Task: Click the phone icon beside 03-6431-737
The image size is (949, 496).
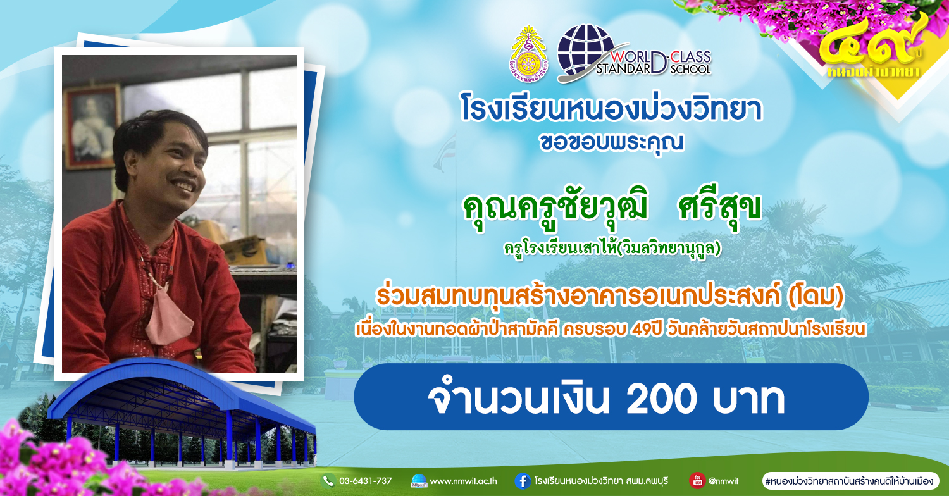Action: click(x=328, y=481)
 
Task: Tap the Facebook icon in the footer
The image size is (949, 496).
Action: click(x=523, y=481)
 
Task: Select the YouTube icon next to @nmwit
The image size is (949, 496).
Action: click(x=697, y=481)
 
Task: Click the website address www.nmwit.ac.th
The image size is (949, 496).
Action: click(x=463, y=481)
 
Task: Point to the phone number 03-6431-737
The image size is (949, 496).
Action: click(x=365, y=481)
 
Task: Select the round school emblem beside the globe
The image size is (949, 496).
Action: click(x=528, y=54)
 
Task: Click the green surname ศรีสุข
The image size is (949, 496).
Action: click(x=719, y=209)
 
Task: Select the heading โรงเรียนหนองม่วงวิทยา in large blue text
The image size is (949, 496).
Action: click(x=611, y=109)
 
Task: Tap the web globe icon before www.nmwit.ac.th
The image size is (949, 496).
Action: click(x=419, y=481)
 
